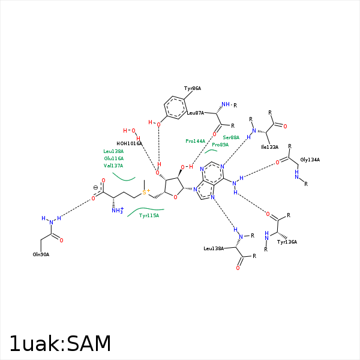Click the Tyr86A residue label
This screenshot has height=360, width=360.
click(193, 88)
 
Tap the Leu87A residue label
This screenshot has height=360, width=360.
click(196, 112)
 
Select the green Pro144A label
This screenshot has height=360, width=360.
click(195, 141)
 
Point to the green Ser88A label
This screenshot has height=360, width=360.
click(231, 137)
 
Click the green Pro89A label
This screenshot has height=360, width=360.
click(220, 145)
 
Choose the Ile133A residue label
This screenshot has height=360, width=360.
click(269, 146)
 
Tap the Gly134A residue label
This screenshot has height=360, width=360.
click(310, 160)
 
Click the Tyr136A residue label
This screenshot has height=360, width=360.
click(287, 242)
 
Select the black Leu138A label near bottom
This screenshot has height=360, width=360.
click(214, 248)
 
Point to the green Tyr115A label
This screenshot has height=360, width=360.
click(149, 215)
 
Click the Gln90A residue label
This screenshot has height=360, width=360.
click(41, 254)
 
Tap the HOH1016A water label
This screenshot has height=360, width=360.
click(129, 143)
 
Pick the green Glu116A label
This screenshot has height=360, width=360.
click(113, 158)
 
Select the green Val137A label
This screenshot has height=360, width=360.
click(113, 166)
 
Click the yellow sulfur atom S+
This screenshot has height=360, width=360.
click(145, 191)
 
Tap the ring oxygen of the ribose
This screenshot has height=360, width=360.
click(175, 195)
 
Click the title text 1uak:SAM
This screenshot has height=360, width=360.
click(60, 344)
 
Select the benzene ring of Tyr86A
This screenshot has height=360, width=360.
click(176, 107)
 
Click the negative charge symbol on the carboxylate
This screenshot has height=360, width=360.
click(95, 188)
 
